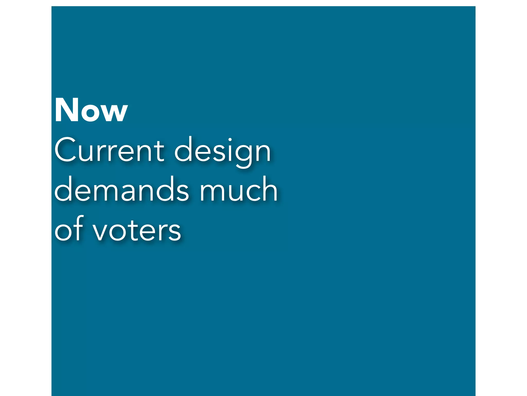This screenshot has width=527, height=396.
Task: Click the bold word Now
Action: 91,110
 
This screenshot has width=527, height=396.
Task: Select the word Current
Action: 109,150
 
